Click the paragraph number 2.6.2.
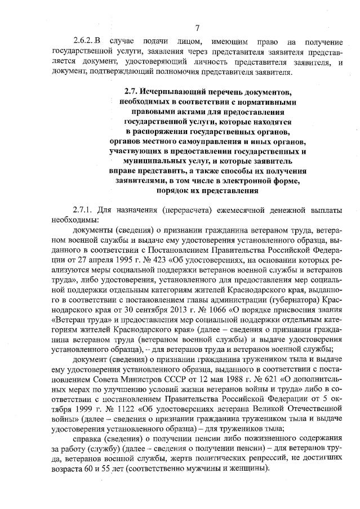(x=83, y=43)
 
